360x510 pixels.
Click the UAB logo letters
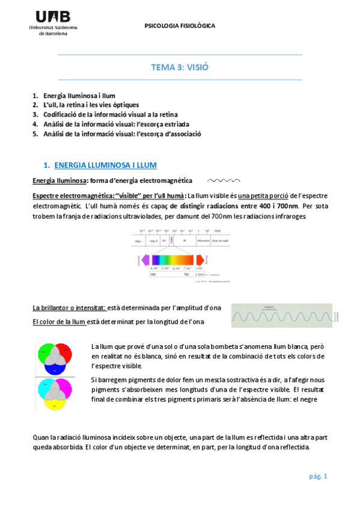click(53, 16)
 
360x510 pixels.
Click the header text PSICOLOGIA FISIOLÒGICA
click(180, 26)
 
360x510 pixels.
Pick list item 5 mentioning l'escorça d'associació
click(117, 134)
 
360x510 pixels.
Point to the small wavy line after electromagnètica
click(224, 180)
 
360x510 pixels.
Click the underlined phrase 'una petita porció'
click(263, 195)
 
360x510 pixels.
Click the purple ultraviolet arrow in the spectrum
click(142, 259)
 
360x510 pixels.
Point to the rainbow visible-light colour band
click(174, 259)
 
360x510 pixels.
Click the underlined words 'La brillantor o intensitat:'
click(69, 307)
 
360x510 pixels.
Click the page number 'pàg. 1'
click(317, 477)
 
